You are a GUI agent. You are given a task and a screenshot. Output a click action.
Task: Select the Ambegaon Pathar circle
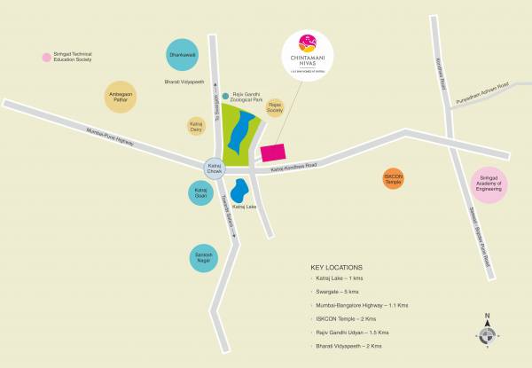click(122, 99)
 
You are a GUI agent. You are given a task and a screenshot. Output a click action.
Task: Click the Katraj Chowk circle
click(214, 167)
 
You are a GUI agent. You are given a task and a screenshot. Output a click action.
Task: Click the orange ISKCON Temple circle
click(394, 178)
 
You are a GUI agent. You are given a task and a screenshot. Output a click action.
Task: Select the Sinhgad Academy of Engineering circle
click(489, 185)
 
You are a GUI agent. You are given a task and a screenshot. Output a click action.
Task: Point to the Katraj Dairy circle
click(197, 126)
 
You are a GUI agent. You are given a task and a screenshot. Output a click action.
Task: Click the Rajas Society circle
click(274, 107)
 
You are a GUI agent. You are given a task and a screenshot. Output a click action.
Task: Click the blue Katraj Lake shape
click(239, 191)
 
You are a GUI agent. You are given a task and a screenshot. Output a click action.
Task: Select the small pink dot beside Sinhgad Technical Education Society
click(46, 59)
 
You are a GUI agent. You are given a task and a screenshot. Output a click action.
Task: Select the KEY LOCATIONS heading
click(336, 266)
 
